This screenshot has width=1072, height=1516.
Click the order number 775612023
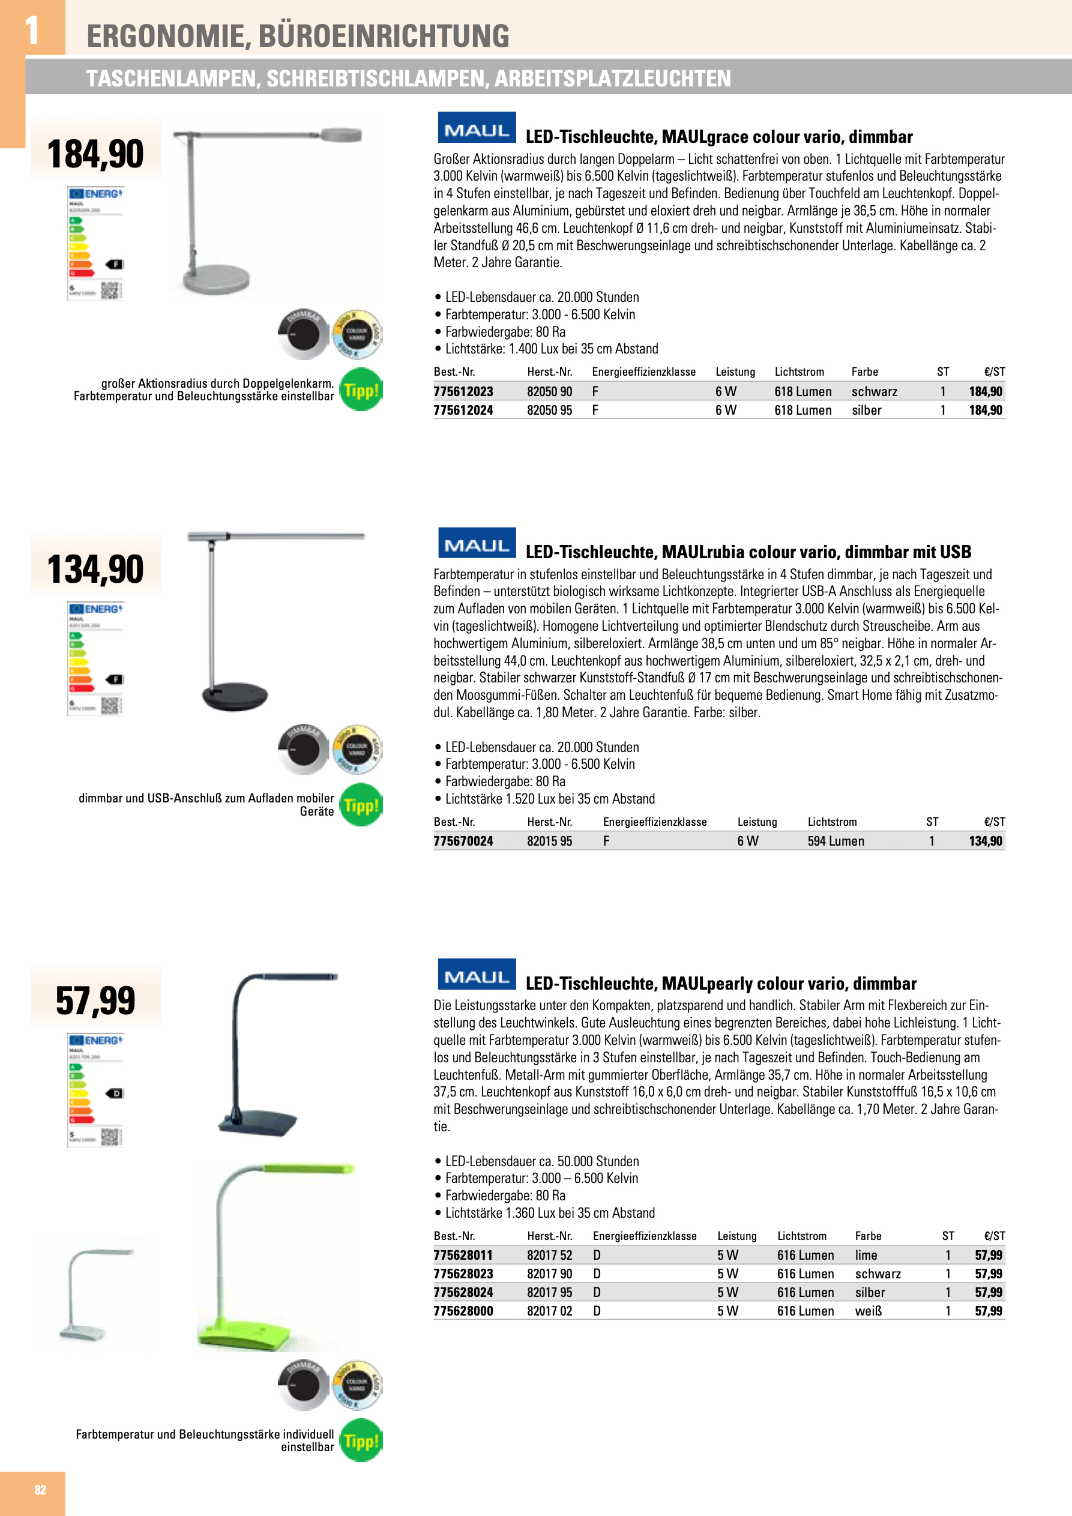(x=463, y=391)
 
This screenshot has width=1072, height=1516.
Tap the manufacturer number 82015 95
(x=550, y=841)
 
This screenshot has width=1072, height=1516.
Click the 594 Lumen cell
(x=836, y=841)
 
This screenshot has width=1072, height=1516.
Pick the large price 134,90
(x=96, y=569)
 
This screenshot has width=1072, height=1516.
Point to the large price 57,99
(x=96, y=1000)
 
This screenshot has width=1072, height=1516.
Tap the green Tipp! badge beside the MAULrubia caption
(x=361, y=805)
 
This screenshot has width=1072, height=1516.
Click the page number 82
(x=40, y=1489)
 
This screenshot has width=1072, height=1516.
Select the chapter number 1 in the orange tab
(x=32, y=30)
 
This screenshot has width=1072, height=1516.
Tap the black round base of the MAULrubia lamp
(x=235, y=696)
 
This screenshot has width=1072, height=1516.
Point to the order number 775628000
(x=463, y=1311)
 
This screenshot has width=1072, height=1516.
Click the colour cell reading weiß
(x=868, y=1311)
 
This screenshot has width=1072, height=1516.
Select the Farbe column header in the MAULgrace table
(x=864, y=371)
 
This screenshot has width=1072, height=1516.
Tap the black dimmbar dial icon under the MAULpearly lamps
(x=303, y=1385)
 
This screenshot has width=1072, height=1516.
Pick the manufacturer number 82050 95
(x=550, y=410)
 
